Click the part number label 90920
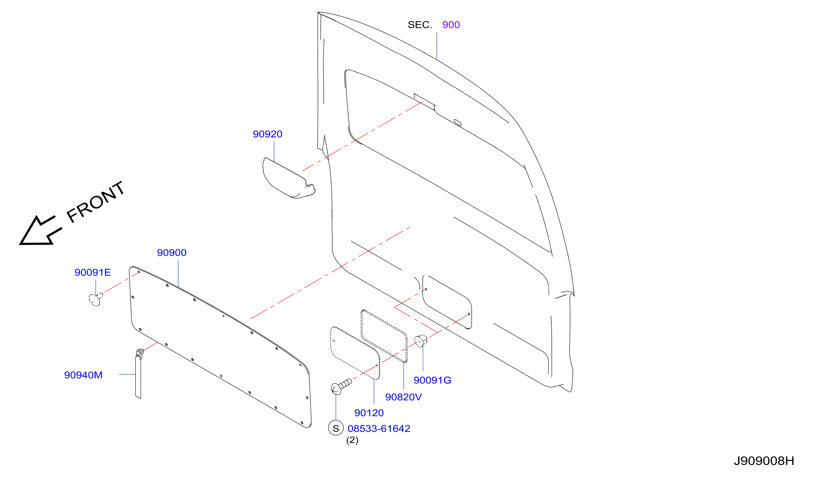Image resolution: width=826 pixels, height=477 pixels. [267, 134]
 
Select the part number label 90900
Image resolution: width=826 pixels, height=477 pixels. [172, 253]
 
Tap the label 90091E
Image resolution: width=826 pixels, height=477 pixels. [93, 272]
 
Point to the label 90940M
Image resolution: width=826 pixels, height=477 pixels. [83, 375]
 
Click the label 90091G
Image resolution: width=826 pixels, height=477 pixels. [432, 380]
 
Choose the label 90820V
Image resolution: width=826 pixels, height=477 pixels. [403, 397]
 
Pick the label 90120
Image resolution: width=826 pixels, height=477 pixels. [369, 413]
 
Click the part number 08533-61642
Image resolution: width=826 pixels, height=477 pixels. [379, 428]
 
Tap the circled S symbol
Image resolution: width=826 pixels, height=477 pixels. [336, 428]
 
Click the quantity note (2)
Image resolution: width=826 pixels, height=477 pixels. [352, 440]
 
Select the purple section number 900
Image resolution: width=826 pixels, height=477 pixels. [451, 24]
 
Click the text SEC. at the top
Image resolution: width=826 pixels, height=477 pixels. [420, 24]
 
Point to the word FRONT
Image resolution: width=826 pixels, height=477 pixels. [96, 202]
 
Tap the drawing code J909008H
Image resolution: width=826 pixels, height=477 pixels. [764, 461]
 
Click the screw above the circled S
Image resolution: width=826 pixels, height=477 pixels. [341, 387]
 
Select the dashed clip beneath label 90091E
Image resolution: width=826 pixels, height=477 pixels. [96, 299]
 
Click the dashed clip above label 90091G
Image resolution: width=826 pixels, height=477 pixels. [421, 341]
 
